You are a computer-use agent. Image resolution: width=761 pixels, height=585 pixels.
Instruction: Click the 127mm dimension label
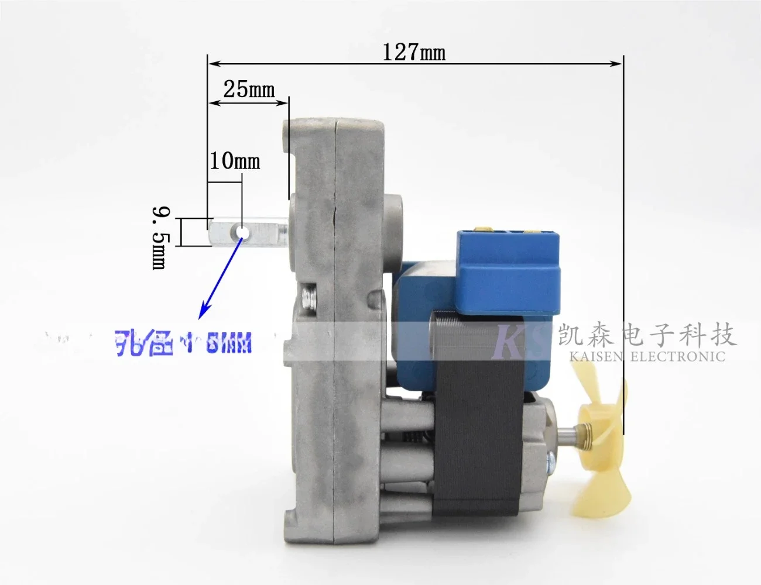click(414, 52)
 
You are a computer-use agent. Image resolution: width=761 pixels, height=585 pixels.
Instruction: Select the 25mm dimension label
click(249, 89)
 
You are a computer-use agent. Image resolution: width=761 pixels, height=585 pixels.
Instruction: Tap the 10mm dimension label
click(235, 160)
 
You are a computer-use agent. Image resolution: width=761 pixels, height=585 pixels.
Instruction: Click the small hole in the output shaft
click(241, 233)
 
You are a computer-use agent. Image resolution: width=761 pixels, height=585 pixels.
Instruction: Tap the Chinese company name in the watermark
click(646, 335)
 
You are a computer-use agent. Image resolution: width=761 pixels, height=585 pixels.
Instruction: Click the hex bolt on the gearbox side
click(308, 298)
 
